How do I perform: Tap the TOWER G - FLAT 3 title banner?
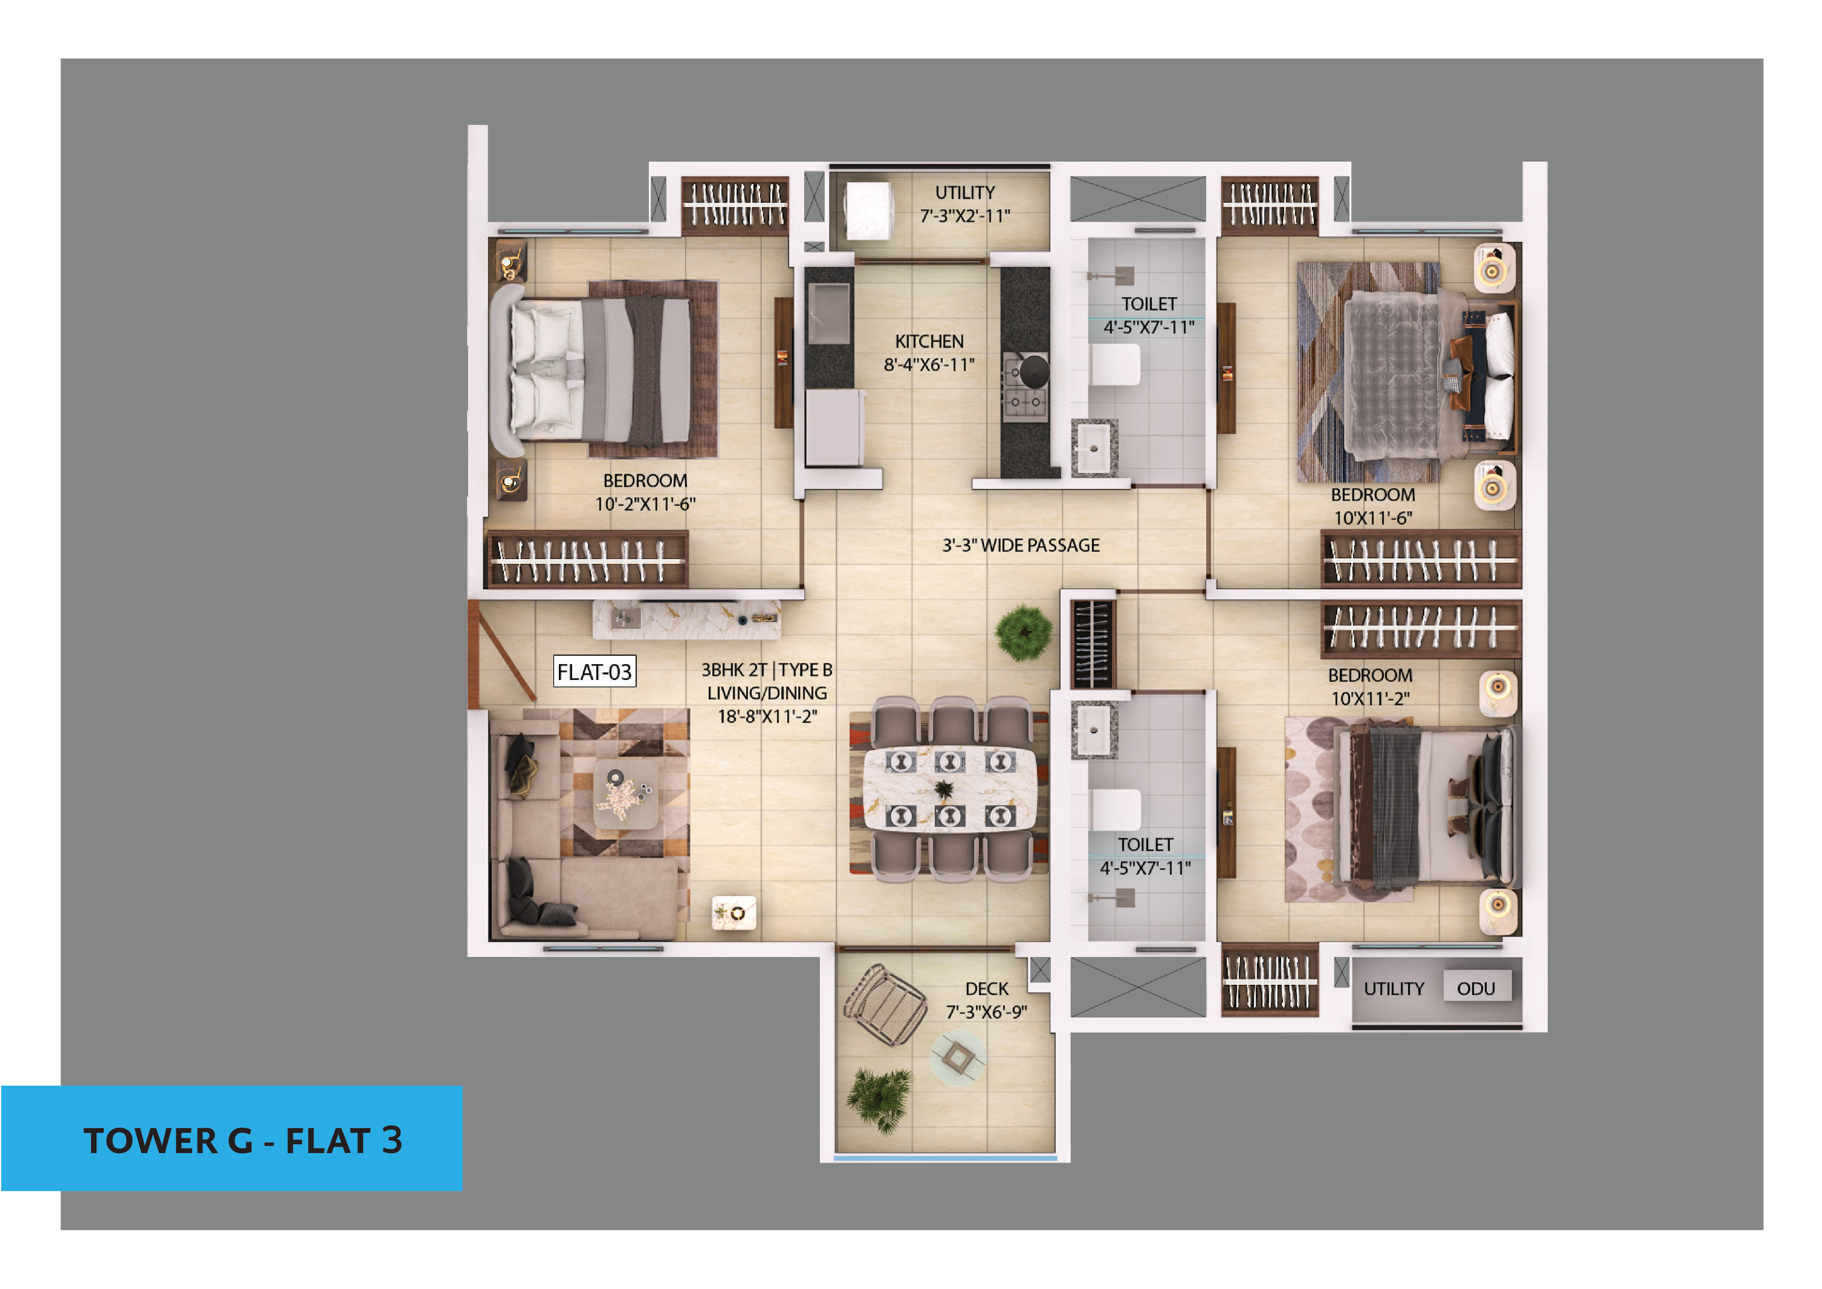(232, 1138)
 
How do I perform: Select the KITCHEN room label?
(929, 341)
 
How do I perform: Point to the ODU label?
(1476, 988)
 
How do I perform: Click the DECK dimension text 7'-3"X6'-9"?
(986, 1012)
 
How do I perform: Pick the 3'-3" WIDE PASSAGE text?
(1021, 545)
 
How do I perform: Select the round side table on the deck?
(958, 1057)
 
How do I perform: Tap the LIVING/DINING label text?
(767, 693)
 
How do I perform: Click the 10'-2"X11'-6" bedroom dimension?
(645, 504)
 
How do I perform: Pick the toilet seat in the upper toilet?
(1115, 365)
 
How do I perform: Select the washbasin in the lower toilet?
(1093, 730)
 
